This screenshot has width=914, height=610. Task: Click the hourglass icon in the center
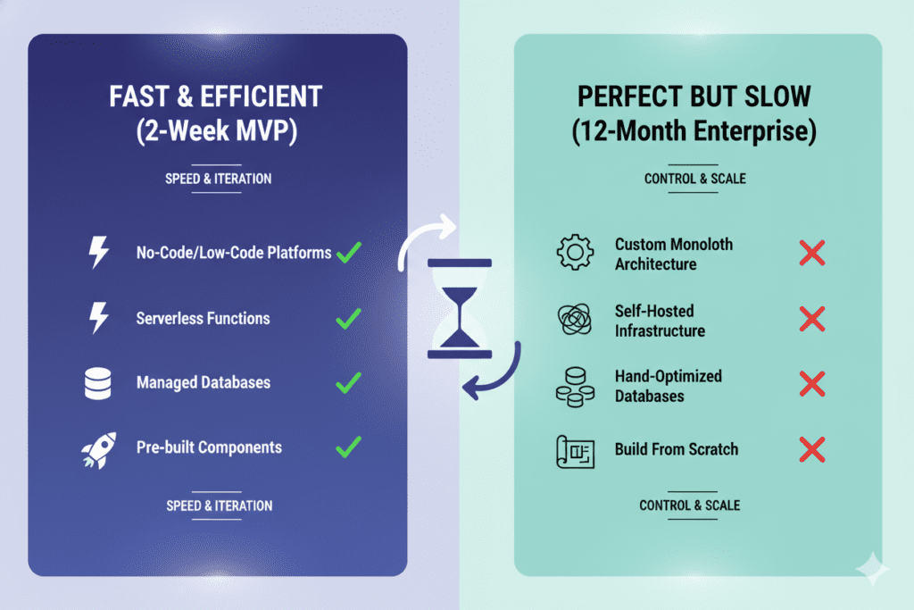[460, 308]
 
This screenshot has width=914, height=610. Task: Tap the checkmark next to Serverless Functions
[348, 318]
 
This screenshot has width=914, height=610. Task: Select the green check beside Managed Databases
[348, 382]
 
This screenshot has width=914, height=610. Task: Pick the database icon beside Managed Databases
[97, 383]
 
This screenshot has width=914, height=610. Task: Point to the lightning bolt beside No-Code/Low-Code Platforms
[98, 253]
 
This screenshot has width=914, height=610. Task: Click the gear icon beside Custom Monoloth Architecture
[575, 254]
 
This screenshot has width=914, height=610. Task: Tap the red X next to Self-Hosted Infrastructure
[811, 319]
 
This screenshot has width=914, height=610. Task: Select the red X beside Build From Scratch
[811, 449]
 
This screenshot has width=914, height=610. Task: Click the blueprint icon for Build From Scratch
[575, 450]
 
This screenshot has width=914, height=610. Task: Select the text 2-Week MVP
[217, 132]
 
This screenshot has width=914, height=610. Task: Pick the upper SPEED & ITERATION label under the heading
[218, 179]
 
